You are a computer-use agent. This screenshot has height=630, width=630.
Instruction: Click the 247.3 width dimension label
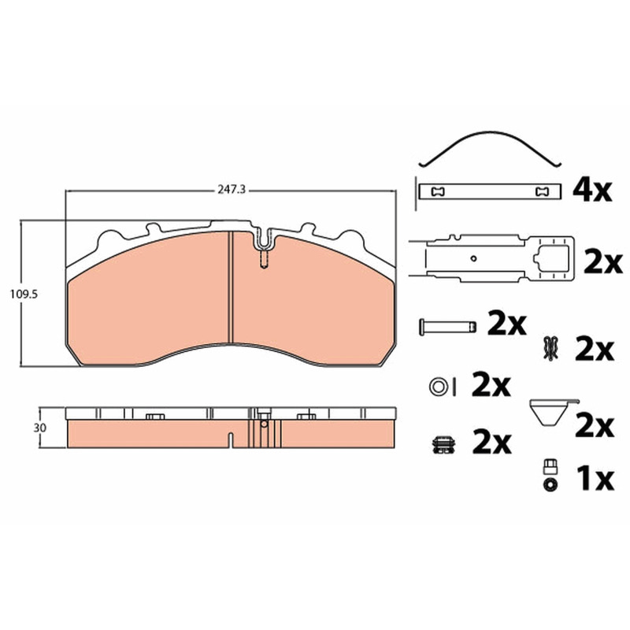pyautogui.click(x=232, y=190)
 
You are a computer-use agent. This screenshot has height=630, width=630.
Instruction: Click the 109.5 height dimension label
pyautogui.click(x=24, y=295)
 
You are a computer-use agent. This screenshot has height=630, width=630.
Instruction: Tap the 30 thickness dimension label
pyautogui.click(x=40, y=428)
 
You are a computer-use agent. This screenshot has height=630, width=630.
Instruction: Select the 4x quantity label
pyautogui.click(x=592, y=191)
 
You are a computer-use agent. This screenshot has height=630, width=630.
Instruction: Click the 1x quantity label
pyautogui.click(x=595, y=479)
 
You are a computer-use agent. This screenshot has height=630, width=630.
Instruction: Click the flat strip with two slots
pyautogui.click(x=489, y=191)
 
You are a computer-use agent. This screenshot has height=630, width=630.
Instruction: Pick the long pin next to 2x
pyautogui.click(x=447, y=326)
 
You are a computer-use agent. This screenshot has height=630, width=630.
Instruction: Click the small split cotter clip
pyautogui.click(x=550, y=348)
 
